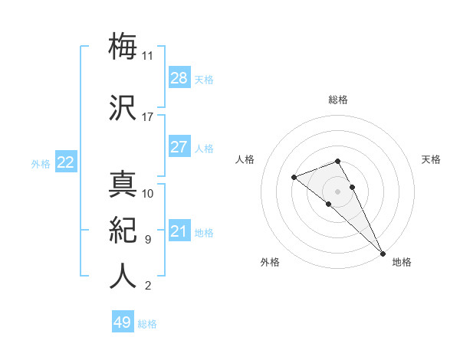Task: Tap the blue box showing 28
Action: (179, 78)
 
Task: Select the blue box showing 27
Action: (179, 147)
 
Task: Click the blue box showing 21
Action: (179, 231)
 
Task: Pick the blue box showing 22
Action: (66, 162)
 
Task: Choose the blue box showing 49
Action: (123, 322)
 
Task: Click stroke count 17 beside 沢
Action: (148, 117)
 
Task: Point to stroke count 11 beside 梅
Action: (148, 56)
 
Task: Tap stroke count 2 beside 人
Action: (147, 286)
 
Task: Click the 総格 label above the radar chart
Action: (338, 100)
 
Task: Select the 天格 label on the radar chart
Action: (431, 159)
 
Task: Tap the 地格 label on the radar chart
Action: (402, 262)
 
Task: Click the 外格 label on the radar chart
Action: (270, 262)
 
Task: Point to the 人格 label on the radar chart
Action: (245, 159)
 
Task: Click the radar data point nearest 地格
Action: (383, 253)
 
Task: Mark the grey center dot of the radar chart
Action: (338, 191)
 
